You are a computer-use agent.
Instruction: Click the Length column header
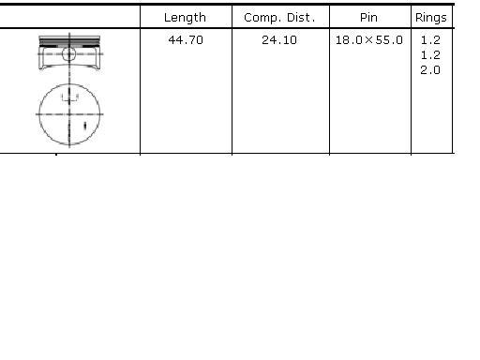coord(185,18)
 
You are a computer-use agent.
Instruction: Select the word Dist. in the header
coord(301,18)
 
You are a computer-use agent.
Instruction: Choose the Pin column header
coord(368,17)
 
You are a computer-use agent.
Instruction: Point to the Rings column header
coord(431,18)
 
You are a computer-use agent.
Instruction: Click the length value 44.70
coord(186,40)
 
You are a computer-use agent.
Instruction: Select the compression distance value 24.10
coord(279,40)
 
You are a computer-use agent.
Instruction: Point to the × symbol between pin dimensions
coord(368,40)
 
